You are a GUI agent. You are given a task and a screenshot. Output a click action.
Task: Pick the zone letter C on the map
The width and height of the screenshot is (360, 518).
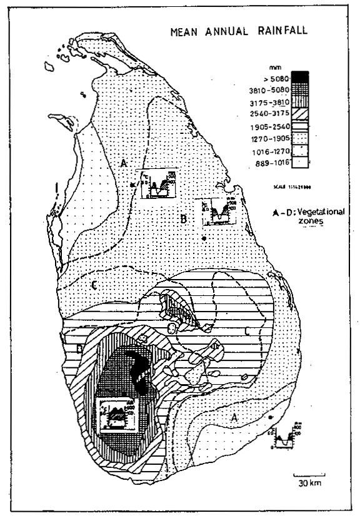(x=93, y=286)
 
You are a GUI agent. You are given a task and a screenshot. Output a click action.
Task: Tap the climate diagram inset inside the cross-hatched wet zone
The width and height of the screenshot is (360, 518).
(x=116, y=414)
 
